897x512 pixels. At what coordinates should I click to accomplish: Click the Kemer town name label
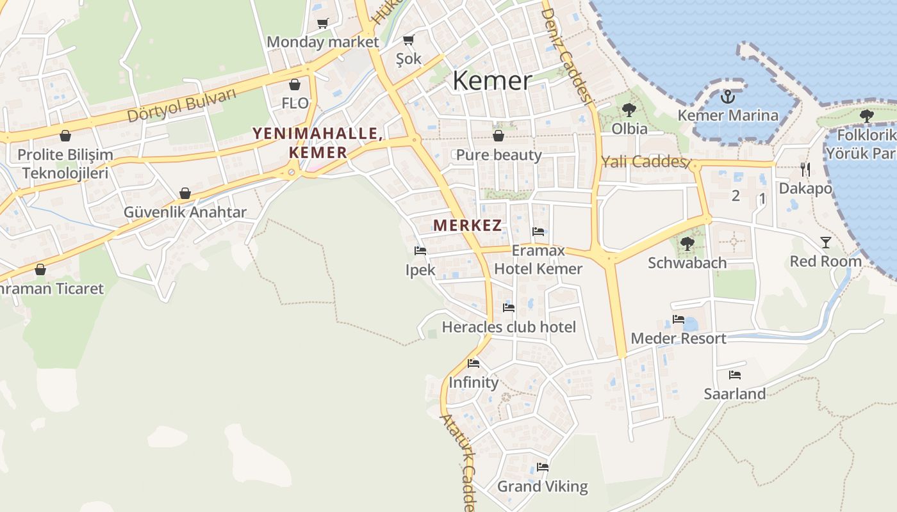[x=492, y=81]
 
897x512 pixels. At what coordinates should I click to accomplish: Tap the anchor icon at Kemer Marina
[x=727, y=97]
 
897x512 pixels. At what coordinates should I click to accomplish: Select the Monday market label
[x=323, y=42]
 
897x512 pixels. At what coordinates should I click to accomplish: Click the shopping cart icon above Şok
[x=408, y=40]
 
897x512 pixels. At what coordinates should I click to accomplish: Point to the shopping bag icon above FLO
[x=295, y=84]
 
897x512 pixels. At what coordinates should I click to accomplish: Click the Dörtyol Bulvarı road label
[x=181, y=106]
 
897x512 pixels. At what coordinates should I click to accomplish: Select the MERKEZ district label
[x=467, y=225]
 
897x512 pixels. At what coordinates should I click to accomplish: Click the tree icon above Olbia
[x=629, y=110]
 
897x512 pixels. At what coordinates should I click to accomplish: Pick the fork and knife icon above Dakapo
[x=805, y=170]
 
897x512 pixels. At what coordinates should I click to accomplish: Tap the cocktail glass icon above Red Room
[x=825, y=243]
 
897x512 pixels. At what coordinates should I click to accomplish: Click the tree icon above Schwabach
[x=687, y=244]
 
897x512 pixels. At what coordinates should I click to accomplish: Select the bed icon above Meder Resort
[x=679, y=319]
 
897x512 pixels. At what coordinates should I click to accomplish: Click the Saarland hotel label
[x=734, y=394]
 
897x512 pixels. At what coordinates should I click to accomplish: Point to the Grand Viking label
[x=542, y=486]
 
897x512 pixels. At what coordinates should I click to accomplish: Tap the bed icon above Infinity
[x=473, y=364]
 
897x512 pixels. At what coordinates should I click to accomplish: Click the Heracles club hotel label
[x=509, y=327]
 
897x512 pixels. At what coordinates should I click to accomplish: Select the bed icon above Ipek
[x=420, y=251]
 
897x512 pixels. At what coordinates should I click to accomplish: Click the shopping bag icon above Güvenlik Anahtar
[x=185, y=193]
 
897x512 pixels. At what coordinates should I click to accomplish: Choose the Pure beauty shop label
[x=498, y=155]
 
